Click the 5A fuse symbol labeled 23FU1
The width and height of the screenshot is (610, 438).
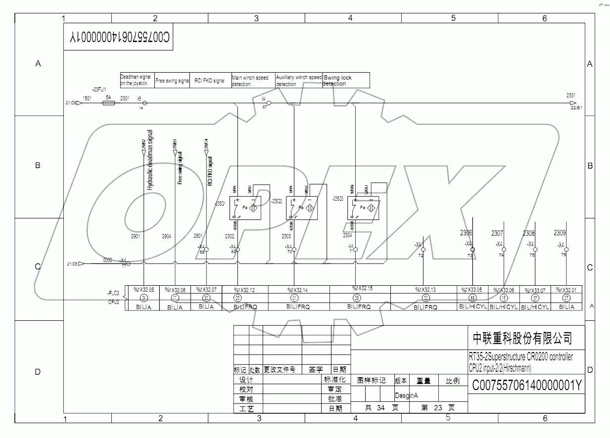109,103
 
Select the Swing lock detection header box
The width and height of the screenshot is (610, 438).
346,81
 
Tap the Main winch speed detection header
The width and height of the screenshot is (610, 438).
253,81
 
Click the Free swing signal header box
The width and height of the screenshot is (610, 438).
172,81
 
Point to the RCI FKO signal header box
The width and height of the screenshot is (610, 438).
210,81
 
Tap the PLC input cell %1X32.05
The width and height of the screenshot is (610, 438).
143,290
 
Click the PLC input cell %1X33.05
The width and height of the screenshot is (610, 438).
472,290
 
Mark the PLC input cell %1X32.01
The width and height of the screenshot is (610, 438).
566,290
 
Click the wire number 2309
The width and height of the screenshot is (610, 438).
560,233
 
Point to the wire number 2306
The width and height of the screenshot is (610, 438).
466,233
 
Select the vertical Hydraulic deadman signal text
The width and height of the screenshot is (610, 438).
150,161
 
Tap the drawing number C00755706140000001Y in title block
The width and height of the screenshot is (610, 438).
527,385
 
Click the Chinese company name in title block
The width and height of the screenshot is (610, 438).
522,338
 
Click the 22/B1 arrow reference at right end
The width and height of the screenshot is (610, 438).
576,107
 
